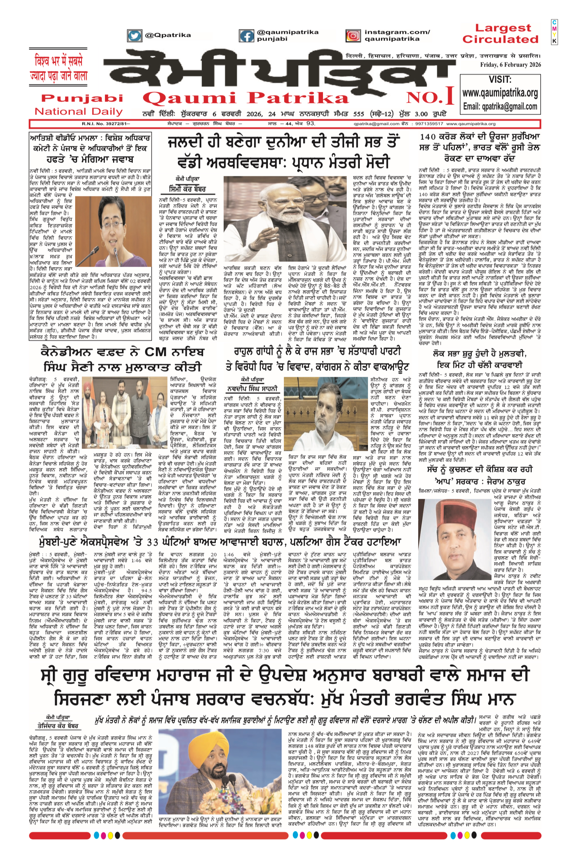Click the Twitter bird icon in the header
coord(134,35)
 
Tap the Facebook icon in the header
coord(246,36)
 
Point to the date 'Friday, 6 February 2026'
coord(510,65)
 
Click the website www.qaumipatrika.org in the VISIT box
coord(500,92)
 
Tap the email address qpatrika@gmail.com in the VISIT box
coord(500,107)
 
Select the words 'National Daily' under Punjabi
coord(79,111)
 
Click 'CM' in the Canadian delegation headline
coord(154,352)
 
